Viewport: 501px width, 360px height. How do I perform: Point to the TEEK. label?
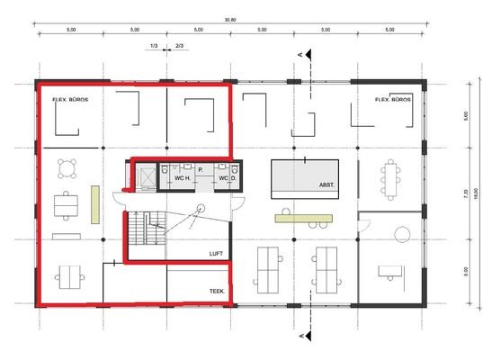coord(217,290)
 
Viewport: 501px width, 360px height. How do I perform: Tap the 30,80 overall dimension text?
coord(230,21)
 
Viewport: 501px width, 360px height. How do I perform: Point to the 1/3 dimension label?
coord(154,46)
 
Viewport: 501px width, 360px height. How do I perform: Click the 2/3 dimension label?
coord(180,46)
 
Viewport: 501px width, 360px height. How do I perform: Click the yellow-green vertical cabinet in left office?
coord(95,202)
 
